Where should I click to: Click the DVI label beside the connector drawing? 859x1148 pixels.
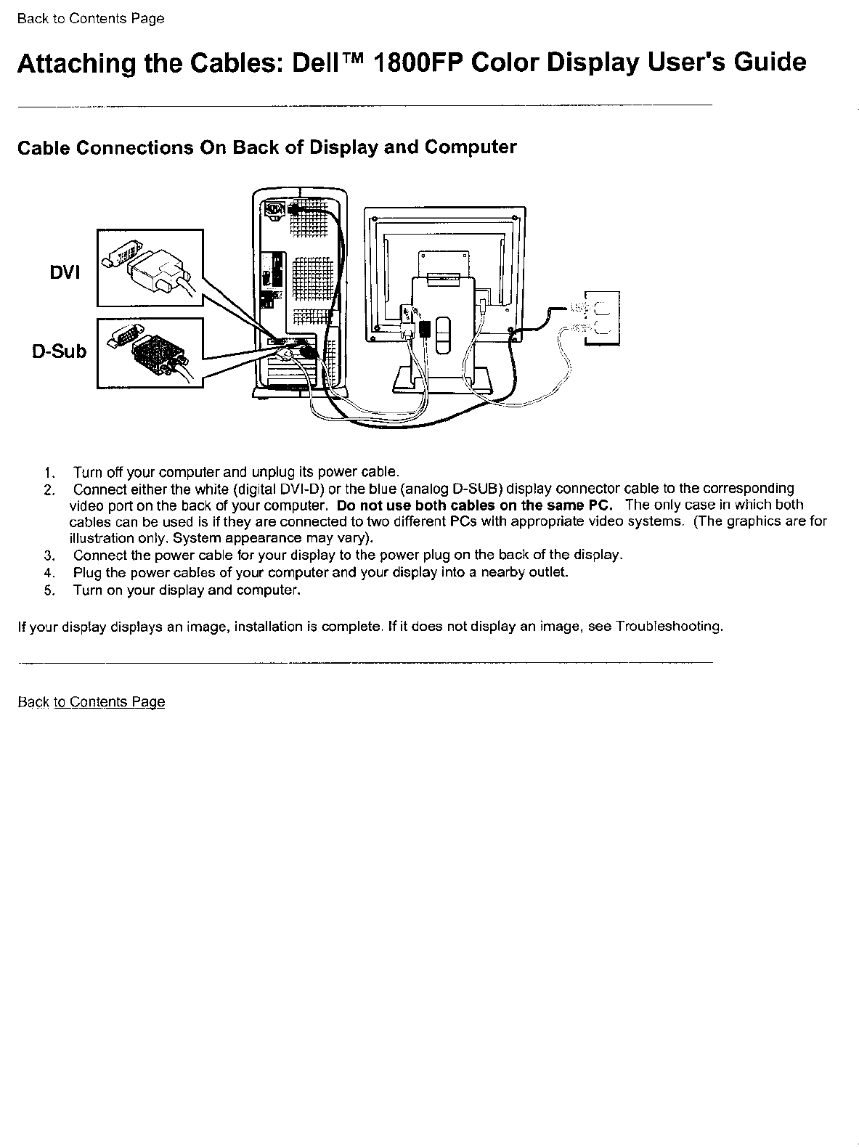coord(65,272)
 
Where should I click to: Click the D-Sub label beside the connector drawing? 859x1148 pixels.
coord(59,351)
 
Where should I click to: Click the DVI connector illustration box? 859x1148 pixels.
coord(150,268)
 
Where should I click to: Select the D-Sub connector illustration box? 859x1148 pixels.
coord(150,353)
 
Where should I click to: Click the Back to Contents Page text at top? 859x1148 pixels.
coord(91,19)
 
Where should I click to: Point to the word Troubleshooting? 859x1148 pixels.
coord(667,626)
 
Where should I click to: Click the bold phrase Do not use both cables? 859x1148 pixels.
coord(414,505)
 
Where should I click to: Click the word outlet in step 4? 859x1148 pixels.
coord(549,572)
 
